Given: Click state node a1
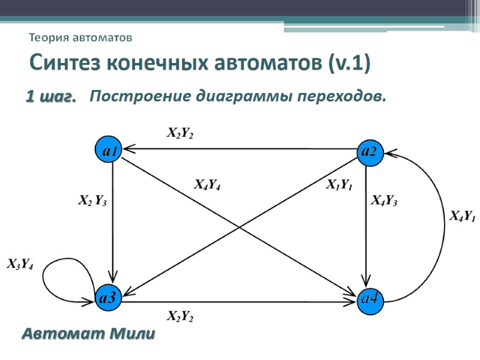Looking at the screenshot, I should tap(109, 151).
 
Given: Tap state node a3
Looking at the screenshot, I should tap(108, 296).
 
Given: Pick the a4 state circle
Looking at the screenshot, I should tap(370, 296).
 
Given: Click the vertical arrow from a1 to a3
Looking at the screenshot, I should tap(113, 222).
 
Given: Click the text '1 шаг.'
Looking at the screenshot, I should tap(50, 96).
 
